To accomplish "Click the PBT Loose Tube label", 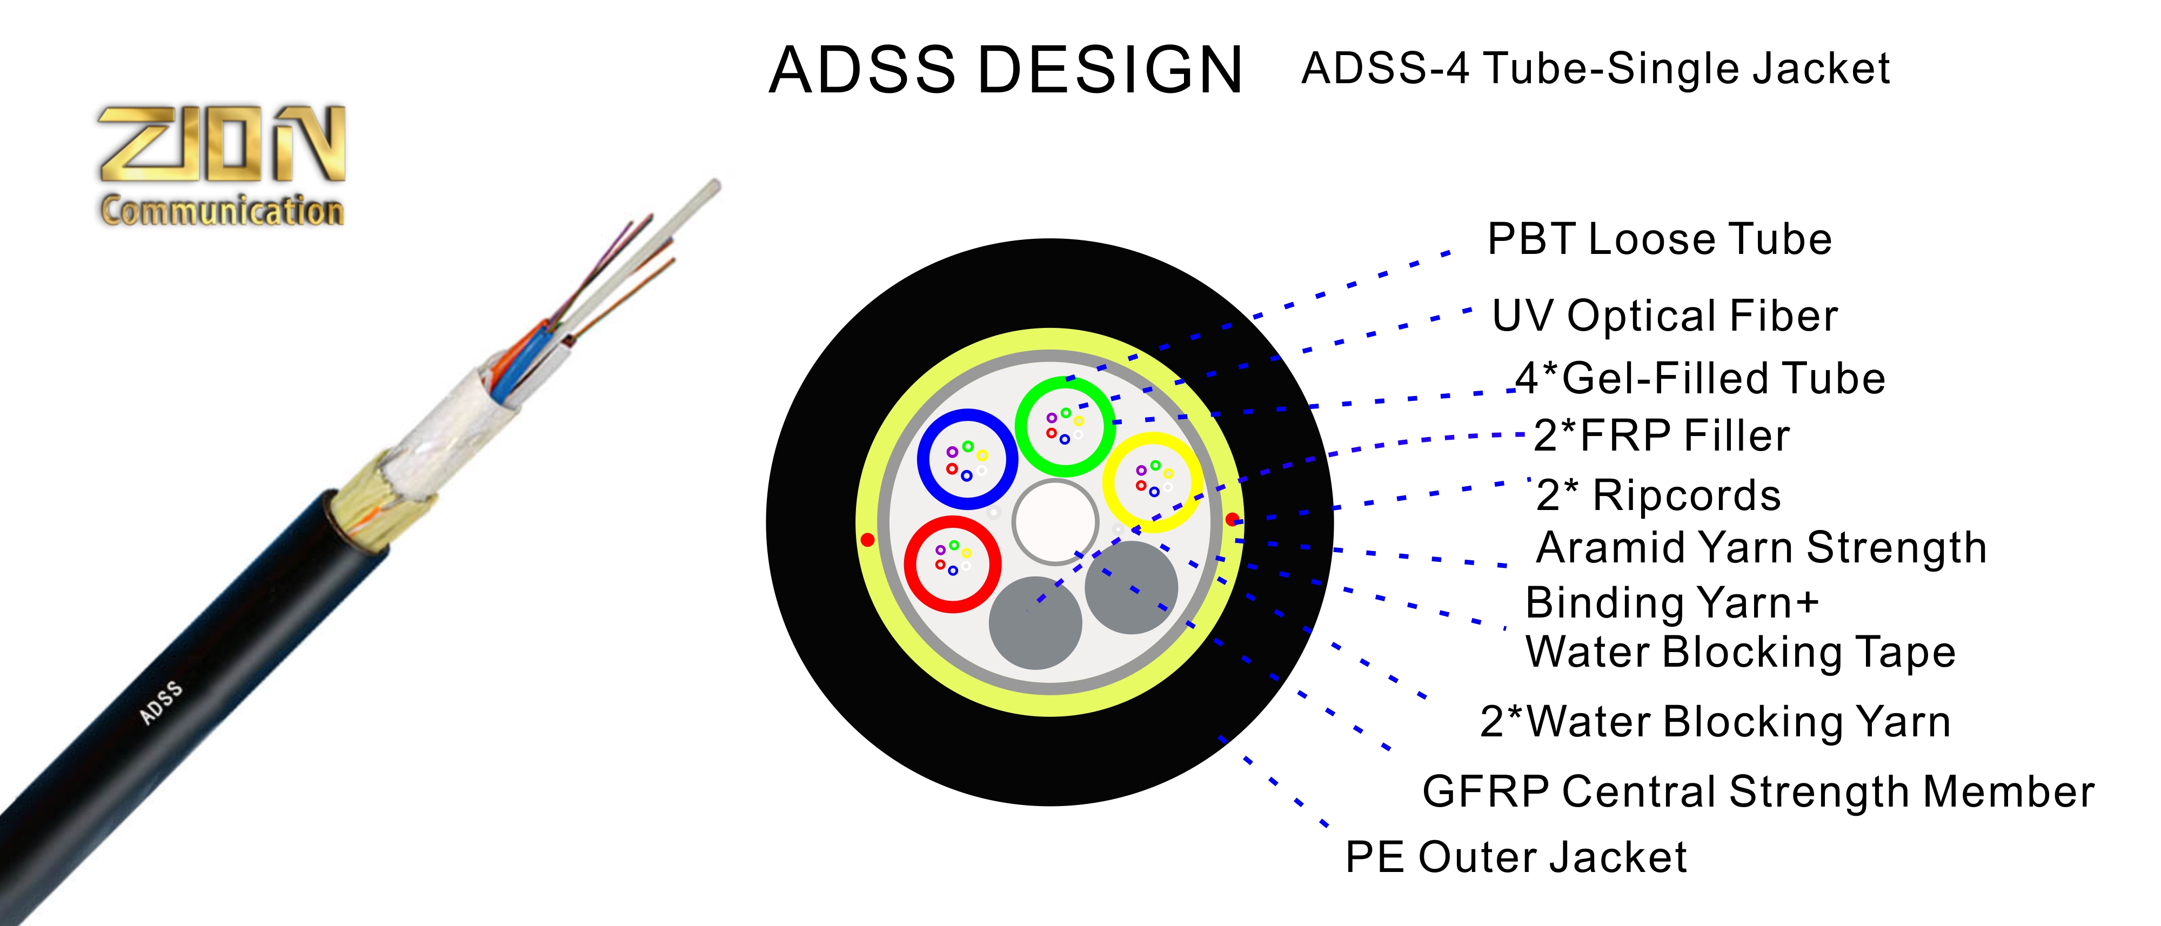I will click(x=1660, y=240).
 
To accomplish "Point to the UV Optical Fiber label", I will click(x=1664, y=316).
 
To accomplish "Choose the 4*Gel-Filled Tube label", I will click(x=1701, y=378).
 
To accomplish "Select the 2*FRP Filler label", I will click(x=1662, y=436).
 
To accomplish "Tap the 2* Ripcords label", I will click(x=1658, y=495).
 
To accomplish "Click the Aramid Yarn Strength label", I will click(x=1762, y=548).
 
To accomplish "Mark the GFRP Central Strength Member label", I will click(x=1758, y=792).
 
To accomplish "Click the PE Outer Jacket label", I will click(x=1516, y=857).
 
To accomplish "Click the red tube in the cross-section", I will click(x=952, y=525).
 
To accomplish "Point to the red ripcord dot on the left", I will click(x=867, y=539).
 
